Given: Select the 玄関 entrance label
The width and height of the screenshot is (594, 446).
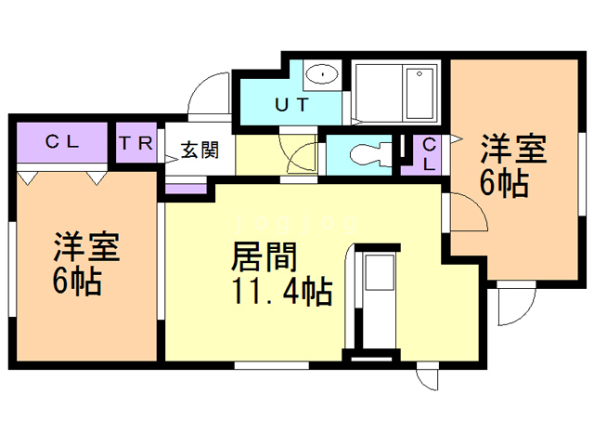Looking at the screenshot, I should pyautogui.click(x=200, y=150).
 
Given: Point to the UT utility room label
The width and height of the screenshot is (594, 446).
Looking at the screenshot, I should pyautogui.click(x=291, y=105).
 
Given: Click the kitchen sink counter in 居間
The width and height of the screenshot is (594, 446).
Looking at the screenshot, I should pyautogui.click(x=379, y=279).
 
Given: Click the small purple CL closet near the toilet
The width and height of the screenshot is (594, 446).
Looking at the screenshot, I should pyautogui.click(x=428, y=154).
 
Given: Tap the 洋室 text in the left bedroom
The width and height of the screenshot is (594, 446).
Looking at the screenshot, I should pyautogui.click(x=85, y=247).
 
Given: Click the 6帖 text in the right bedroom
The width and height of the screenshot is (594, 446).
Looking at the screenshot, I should pyautogui.click(x=504, y=182).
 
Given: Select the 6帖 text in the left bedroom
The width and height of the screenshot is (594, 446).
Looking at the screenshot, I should pyautogui.click(x=76, y=282).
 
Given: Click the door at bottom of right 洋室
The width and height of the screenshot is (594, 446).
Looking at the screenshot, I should pyautogui.click(x=515, y=305).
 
